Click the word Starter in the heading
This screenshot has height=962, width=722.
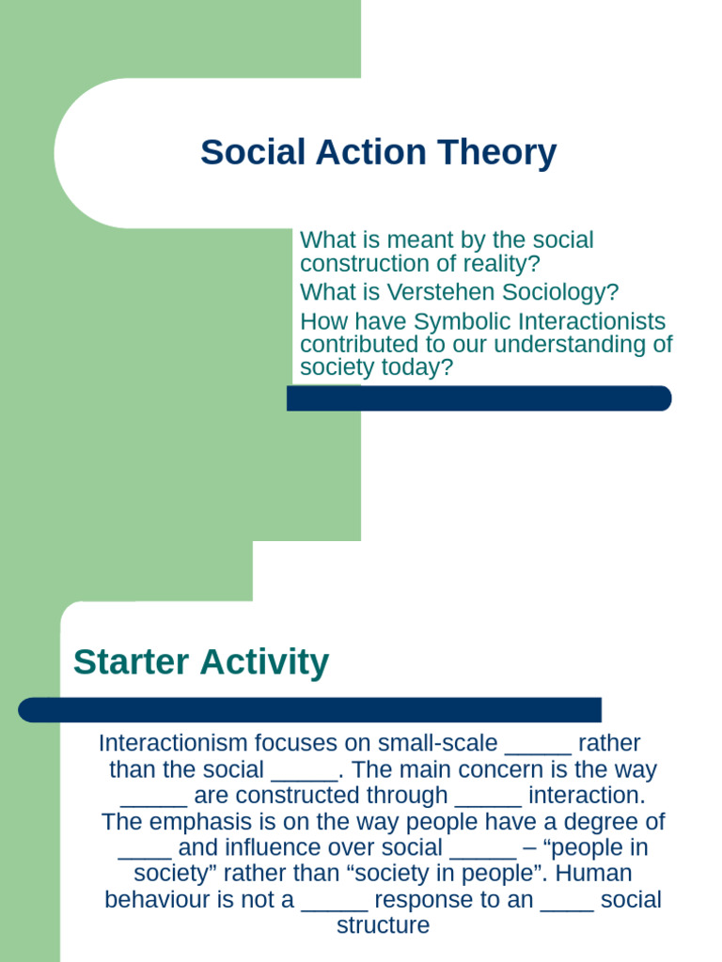(132, 662)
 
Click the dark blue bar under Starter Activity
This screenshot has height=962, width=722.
(310, 710)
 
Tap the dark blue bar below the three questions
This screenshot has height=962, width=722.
(479, 398)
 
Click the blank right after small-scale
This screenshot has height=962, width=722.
(538, 746)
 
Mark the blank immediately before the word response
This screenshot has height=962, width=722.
(334, 902)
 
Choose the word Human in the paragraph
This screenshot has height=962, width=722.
(598, 874)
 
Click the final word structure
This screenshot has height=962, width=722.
(383, 925)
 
